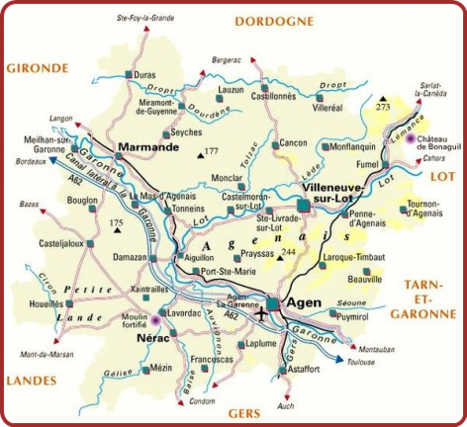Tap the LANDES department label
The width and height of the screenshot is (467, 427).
33,379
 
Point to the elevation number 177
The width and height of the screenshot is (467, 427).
209,151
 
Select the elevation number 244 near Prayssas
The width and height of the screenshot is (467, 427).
288,253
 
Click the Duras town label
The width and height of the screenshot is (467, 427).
144,74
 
